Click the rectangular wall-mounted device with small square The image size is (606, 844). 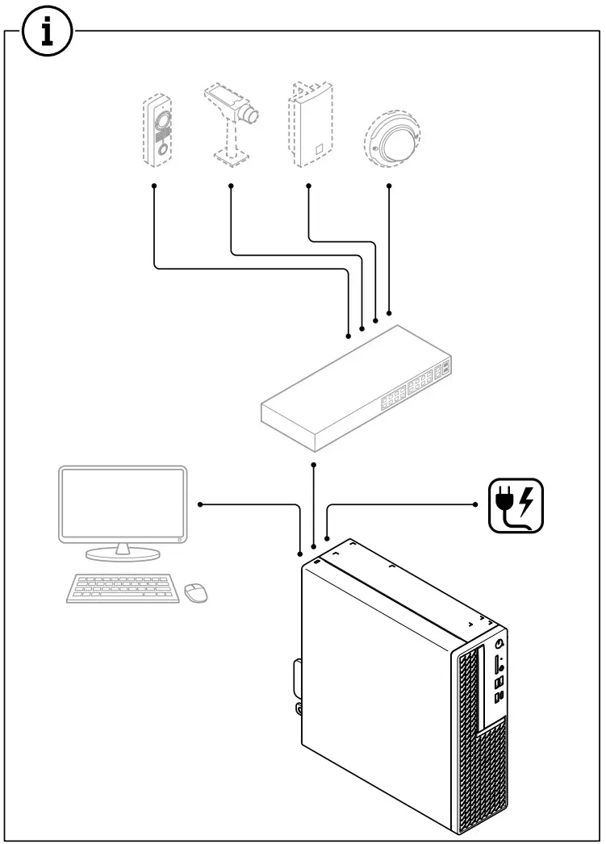point(309,125)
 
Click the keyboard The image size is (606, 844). point(123,587)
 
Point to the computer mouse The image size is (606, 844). point(195,593)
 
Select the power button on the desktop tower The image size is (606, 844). point(502,644)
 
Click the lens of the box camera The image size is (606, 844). point(253,115)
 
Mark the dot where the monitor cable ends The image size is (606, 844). point(200,504)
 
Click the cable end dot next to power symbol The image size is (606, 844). point(475,504)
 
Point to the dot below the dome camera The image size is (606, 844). point(390,186)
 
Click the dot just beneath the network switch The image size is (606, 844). point(313,466)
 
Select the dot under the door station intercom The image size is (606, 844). point(154,186)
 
